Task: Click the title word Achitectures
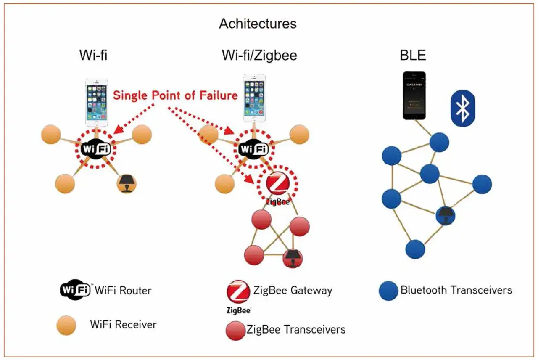[x=257, y=24]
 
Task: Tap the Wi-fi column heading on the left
[x=93, y=56]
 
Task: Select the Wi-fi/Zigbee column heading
[x=259, y=56]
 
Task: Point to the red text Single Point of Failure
[x=175, y=95]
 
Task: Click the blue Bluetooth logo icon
[x=463, y=108]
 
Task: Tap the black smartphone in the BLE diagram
[x=414, y=95]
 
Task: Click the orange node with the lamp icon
[x=126, y=183]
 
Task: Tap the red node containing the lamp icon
[x=293, y=257]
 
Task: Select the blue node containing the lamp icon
[x=445, y=215]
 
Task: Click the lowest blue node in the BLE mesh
[x=415, y=249]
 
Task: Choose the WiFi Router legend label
[x=123, y=290]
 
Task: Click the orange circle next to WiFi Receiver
[x=66, y=326]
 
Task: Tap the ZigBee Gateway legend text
[x=293, y=290]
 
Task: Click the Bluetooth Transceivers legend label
[x=456, y=290]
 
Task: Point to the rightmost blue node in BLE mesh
[x=482, y=184]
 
